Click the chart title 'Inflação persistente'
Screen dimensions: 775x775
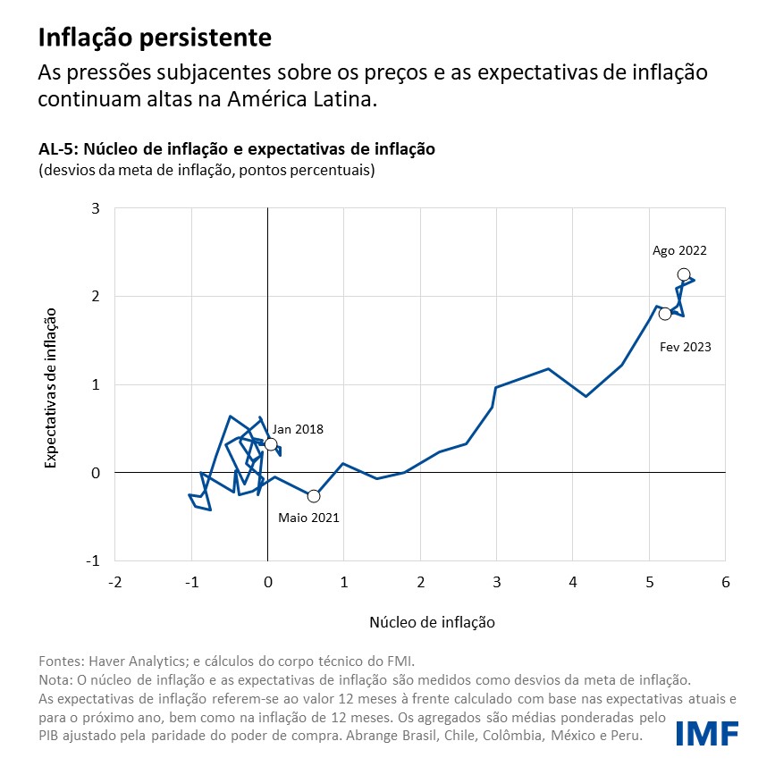(155, 38)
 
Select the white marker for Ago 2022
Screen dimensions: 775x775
(684, 274)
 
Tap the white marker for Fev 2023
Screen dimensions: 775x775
(665, 314)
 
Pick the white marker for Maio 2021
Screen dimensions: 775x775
(313, 496)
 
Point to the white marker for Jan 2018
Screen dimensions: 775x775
(271, 444)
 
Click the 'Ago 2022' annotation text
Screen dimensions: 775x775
(679, 251)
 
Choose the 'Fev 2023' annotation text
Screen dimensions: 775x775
(686, 347)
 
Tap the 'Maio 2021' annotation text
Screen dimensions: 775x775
(308, 518)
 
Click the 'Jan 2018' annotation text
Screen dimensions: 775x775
(298, 429)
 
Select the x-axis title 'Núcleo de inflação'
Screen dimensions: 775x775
(432, 620)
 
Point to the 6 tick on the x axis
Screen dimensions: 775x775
(725, 582)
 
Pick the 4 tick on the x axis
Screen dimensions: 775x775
(572, 582)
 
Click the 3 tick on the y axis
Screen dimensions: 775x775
(96, 208)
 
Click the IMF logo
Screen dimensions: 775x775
(706, 732)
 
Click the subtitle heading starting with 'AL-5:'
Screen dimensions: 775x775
(237, 149)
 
